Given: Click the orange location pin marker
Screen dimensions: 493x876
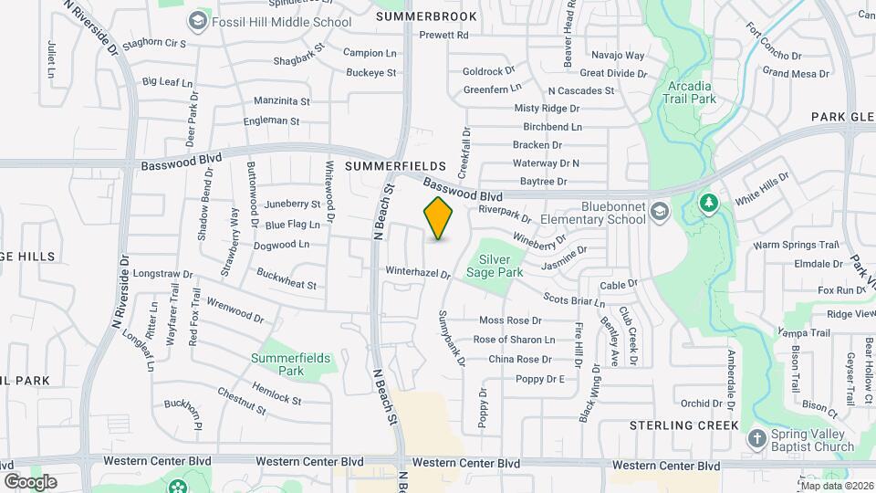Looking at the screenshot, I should pyautogui.click(x=439, y=218).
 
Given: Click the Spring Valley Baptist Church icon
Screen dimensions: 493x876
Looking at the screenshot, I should pyautogui.click(x=756, y=440).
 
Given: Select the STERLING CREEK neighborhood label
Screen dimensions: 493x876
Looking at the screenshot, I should pyautogui.click(x=683, y=425).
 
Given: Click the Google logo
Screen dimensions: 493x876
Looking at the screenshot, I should pyautogui.click(x=30, y=481).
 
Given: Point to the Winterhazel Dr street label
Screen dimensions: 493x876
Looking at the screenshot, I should pyautogui.click(x=418, y=272).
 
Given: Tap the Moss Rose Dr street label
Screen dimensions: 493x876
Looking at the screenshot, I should pyautogui.click(x=510, y=320).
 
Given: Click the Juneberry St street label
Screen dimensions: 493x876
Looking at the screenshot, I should pyautogui.click(x=292, y=204).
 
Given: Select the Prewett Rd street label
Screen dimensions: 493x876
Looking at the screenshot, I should pyautogui.click(x=443, y=36).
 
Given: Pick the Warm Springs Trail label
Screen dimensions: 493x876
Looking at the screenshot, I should pyautogui.click(x=795, y=245).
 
